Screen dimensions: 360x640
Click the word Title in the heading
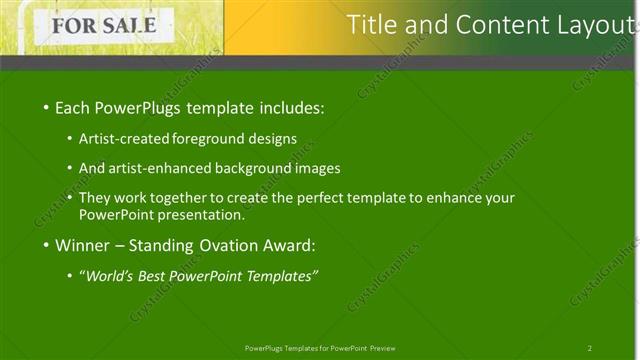coord(372,25)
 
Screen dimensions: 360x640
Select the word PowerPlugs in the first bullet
coord(136,107)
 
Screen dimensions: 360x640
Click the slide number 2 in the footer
coord(590,348)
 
